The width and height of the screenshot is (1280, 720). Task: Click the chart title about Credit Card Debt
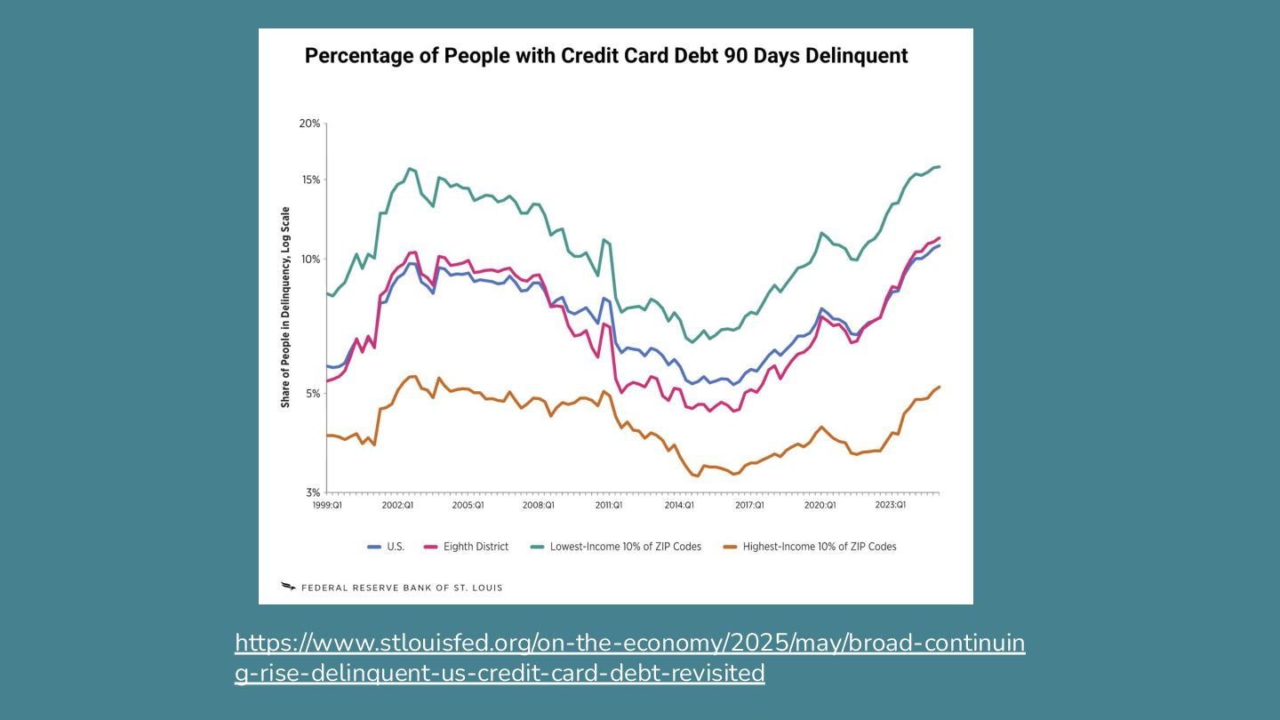[606, 56]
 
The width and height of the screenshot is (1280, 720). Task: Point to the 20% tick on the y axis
[309, 124]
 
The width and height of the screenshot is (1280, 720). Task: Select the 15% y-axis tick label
[309, 180]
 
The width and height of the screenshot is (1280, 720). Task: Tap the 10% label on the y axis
[309, 260]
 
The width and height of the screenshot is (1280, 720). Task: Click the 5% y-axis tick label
[312, 394]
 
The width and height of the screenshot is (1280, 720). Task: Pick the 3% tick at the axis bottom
[312, 492]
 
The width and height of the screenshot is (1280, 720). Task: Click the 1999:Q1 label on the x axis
[327, 505]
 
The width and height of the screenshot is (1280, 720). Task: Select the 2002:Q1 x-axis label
[397, 505]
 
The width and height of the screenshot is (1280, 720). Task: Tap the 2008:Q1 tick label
[538, 505]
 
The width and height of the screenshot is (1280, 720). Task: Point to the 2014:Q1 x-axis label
[679, 505]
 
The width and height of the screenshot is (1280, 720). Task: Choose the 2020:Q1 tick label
[820, 505]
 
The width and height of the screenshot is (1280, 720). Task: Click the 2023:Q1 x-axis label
[890, 505]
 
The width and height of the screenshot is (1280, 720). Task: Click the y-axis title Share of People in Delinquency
[286, 307]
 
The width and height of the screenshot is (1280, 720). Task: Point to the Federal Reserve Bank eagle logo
[288, 587]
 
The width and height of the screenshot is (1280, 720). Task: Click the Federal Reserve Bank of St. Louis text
[402, 588]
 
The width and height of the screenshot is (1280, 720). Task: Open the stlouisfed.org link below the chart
[629, 658]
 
